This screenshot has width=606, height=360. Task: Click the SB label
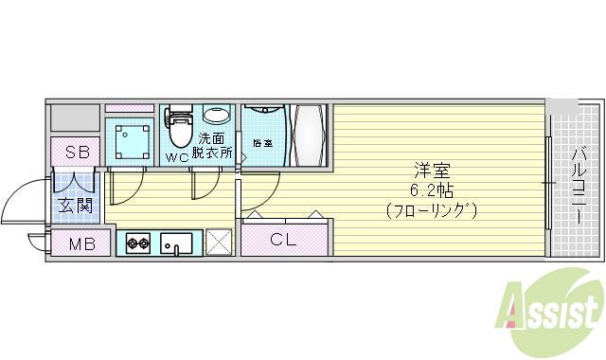(75, 153)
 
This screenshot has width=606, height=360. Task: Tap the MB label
(83, 243)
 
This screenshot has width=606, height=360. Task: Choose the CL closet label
(284, 240)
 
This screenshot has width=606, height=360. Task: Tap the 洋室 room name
(430, 171)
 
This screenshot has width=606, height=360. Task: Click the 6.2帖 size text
(431, 189)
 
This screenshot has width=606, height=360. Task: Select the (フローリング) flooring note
(431, 209)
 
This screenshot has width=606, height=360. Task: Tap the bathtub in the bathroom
(311, 135)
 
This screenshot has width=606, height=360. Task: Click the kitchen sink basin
(177, 243)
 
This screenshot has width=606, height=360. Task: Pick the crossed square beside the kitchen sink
(220, 243)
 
